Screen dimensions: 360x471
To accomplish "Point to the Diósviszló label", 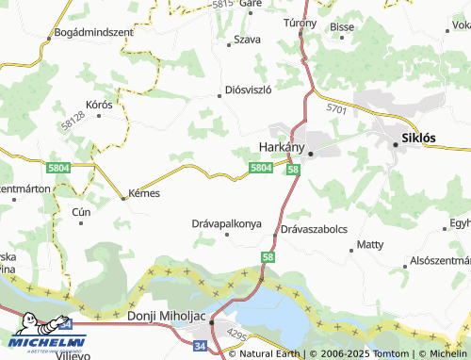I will (249, 90).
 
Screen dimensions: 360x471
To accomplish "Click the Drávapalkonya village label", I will (225, 224).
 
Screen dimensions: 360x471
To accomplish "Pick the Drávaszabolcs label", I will (314, 229).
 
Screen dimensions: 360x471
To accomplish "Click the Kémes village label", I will (142, 193).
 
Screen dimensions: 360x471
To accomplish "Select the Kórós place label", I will (98, 104).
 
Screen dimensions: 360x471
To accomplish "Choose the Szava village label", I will (247, 40).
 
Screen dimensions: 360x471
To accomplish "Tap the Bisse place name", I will (342, 27).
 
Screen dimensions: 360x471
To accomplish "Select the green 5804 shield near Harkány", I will (262, 168).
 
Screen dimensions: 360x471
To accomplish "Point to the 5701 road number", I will (336, 109).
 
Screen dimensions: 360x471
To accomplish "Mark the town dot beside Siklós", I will (395, 143).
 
